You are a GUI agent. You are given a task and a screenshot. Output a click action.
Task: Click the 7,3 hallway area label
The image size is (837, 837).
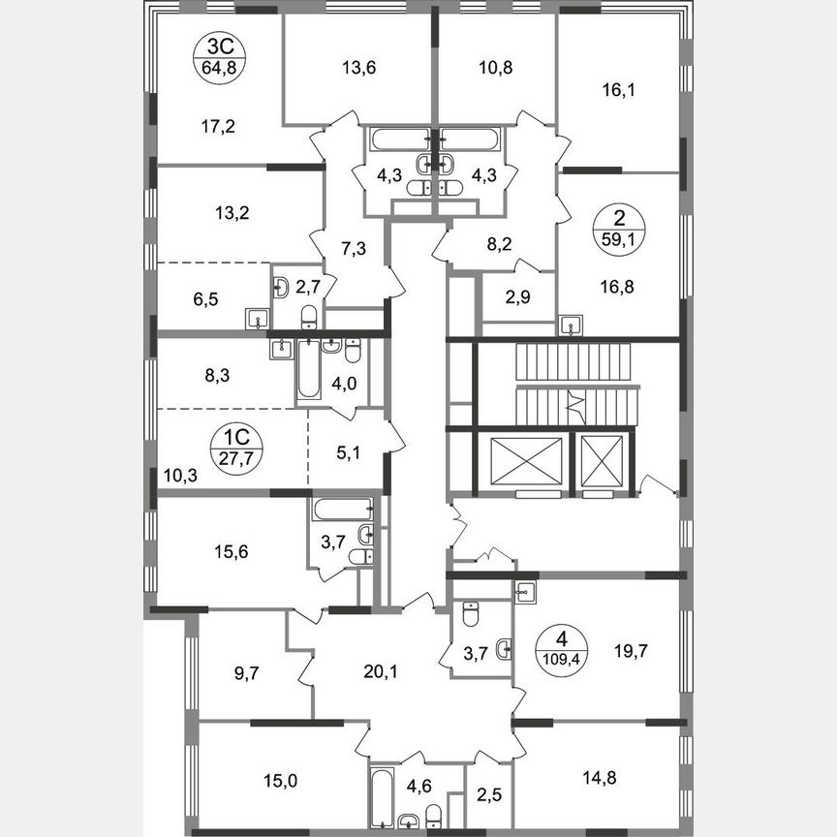354,250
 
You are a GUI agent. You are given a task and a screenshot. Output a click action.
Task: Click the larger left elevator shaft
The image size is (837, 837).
527,462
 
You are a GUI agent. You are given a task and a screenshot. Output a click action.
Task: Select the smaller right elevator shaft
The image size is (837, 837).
601,462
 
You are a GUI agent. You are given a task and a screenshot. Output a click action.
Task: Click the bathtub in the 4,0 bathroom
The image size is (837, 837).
308,370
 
